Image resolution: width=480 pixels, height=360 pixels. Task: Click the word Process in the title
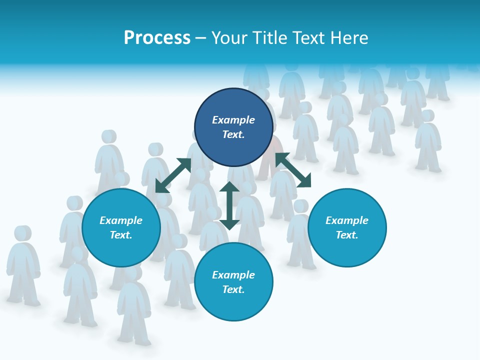pos(157,38)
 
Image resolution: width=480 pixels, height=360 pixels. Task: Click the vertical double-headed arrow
pos(229,205)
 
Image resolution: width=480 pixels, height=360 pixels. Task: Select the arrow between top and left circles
pos(173,175)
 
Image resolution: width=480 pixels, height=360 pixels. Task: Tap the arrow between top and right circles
pos(293,170)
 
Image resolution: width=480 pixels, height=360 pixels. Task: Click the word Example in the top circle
pos(233,120)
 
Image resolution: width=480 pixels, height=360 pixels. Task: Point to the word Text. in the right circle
pos(347,235)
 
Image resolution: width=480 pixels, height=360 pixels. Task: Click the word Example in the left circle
pos(121,220)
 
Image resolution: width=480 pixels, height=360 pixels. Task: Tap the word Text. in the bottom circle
pos(233,289)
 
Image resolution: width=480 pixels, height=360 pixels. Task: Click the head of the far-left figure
pos(21,233)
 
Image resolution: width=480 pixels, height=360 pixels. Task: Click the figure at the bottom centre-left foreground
pos(134,310)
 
